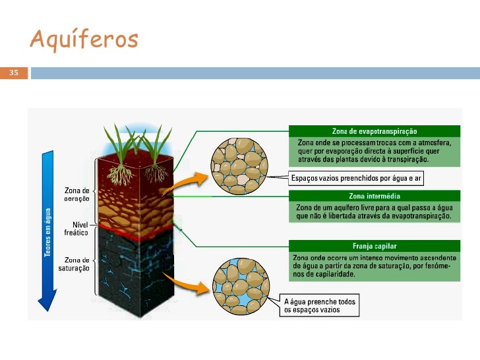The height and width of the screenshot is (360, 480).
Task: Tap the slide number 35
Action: (13, 73)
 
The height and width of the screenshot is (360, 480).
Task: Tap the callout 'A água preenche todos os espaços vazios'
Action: (319, 306)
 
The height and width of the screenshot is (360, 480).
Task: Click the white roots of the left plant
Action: (119, 175)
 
